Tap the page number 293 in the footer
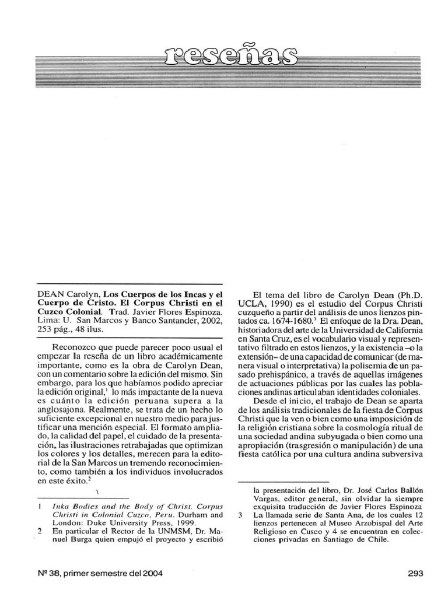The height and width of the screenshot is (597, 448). coord(415,573)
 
